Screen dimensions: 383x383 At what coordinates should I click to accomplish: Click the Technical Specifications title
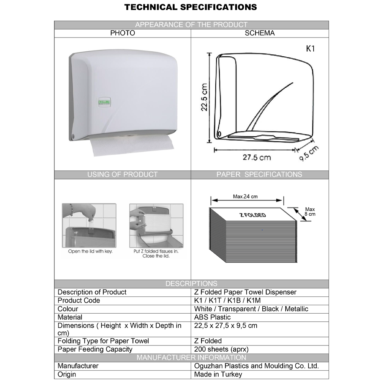pos(191,7)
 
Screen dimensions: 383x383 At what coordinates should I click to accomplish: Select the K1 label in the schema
pos(311,49)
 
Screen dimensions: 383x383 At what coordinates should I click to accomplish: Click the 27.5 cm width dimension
pos(257,157)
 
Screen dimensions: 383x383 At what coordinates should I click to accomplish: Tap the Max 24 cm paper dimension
pos(246,196)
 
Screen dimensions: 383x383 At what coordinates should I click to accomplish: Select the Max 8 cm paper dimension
pos(310,212)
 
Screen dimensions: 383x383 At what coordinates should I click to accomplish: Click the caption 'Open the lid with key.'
pos(90,251)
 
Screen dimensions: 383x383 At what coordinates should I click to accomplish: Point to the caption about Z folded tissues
pos(156,254)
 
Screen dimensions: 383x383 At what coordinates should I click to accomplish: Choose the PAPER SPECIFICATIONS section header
pos(259,175)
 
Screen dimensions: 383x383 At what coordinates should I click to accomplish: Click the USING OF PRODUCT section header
pos(123,175)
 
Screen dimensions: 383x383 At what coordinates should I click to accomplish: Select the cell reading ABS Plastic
pos(213,317)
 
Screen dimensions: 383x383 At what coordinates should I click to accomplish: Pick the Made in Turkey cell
pos(218,375)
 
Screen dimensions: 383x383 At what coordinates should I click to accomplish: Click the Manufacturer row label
pos(78,366)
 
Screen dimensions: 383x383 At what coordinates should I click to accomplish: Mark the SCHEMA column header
pos(260,33)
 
